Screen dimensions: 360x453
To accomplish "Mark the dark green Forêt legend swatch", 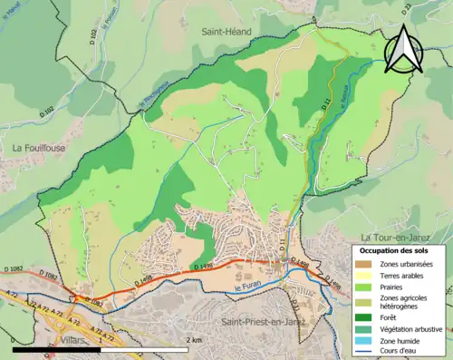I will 362,317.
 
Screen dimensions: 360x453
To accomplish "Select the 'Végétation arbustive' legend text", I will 414,328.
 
